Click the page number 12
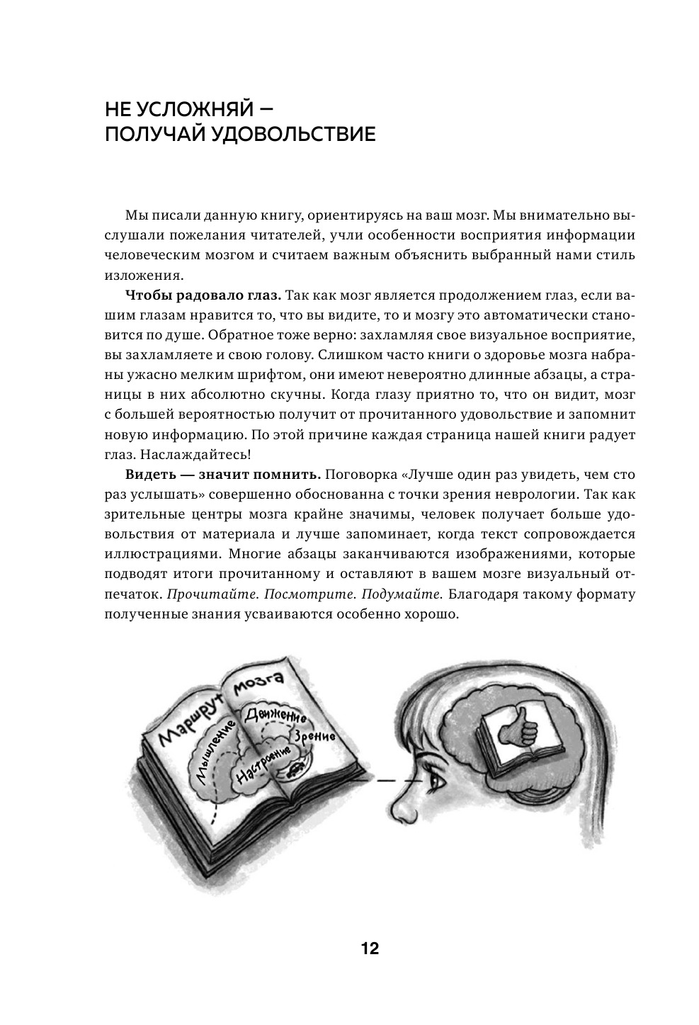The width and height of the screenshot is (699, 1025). [370, 948]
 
